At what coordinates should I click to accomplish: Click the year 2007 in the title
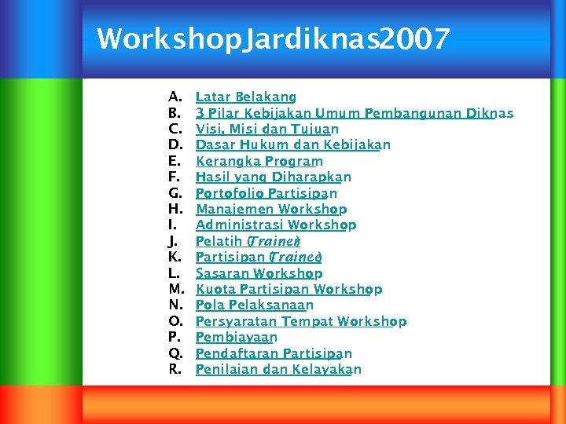tap(414, 38)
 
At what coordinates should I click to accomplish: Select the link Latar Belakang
tap(245, 97)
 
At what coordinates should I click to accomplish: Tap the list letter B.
tap(175, 113)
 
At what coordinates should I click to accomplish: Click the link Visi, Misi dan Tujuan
tap(266, 129)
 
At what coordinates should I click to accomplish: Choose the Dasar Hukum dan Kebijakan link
tap(292, 145)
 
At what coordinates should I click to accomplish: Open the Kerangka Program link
tap(259, 161)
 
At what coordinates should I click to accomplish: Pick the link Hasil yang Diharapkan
tap(273, 177)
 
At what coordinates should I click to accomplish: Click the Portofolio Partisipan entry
tap(266, 193)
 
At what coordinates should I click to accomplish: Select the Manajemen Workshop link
tap(270, 210)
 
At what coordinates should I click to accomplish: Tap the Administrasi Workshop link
tap(275, 225)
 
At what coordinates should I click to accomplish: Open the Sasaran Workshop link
tap(259, 274)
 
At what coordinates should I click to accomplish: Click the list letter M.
tap(176, 290)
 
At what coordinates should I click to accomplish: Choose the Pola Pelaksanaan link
tap(254, 305)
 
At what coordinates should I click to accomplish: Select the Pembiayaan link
tap(236, 338)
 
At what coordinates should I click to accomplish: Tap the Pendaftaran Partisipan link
tap(273, 354)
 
